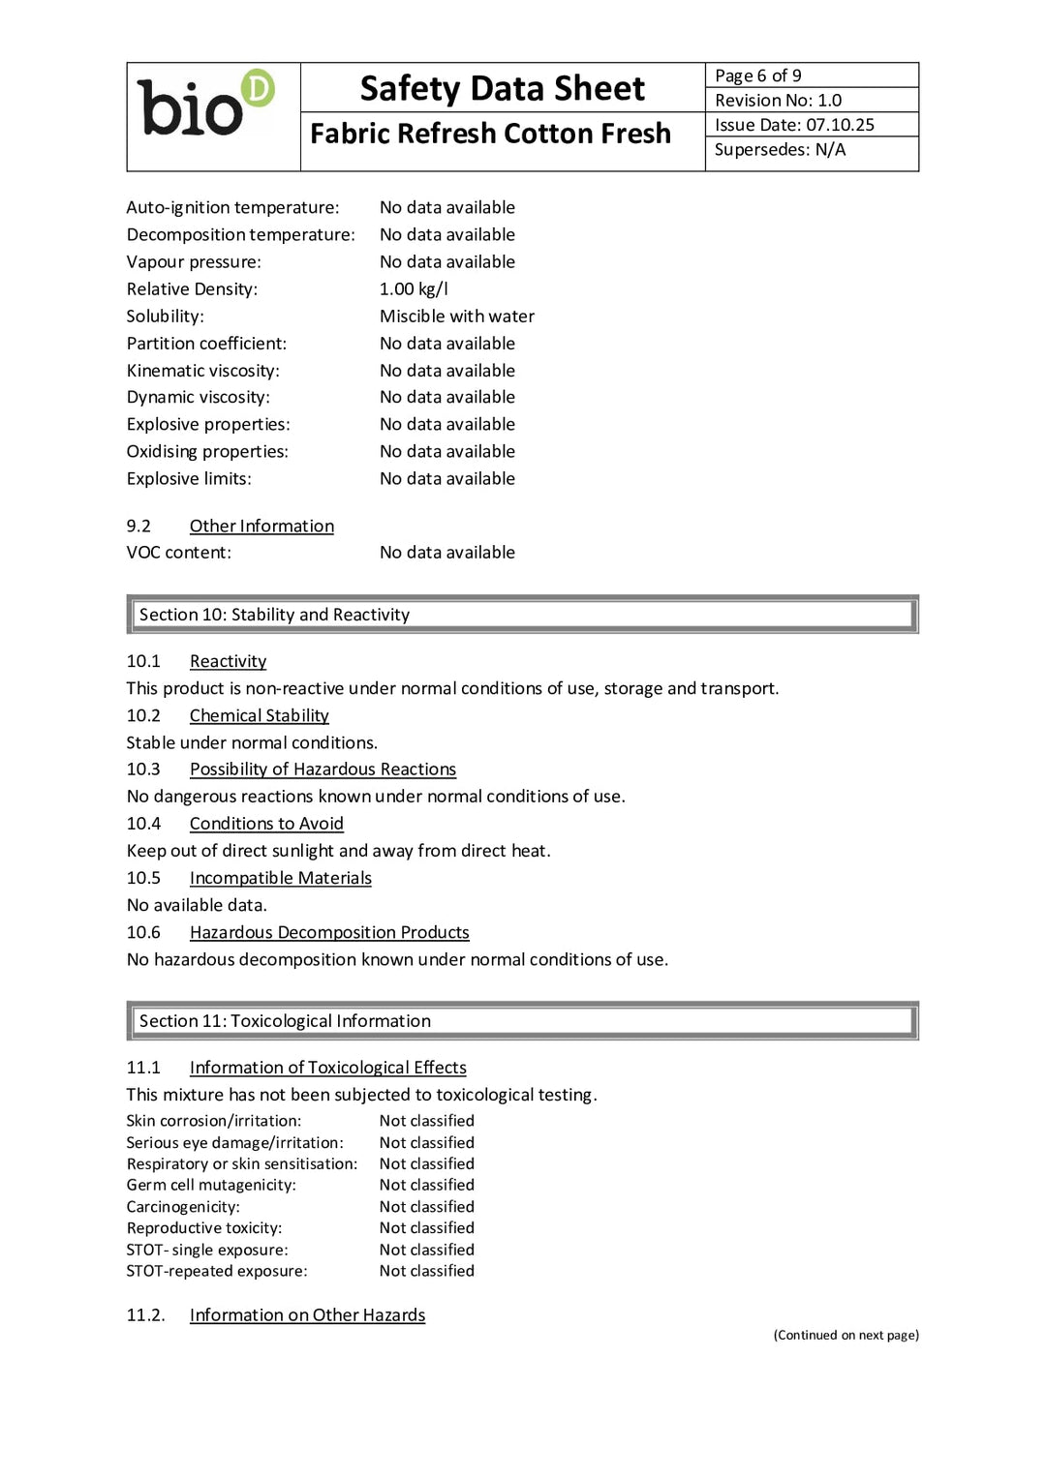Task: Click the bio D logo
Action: [206, 105]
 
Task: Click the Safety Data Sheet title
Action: [502, 88]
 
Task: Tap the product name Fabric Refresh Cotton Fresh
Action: [490, 134]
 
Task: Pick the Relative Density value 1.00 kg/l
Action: [414, 289]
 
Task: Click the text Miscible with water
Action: [456, 317]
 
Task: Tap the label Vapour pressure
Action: [194, 262]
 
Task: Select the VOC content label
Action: [178, 553]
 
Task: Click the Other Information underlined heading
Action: [261, 526]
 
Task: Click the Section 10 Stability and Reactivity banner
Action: [522, 615]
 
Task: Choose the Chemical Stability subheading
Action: [259, 715]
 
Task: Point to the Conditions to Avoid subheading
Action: [266, 824]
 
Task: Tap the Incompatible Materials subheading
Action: [280, 878]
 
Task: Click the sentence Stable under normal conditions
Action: [252, 742]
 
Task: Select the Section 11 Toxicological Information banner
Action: [522, 1021]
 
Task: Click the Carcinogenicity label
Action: [183, 1207]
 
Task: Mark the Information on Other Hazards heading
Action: [307, 1315]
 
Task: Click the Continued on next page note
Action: [846, 1335]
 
